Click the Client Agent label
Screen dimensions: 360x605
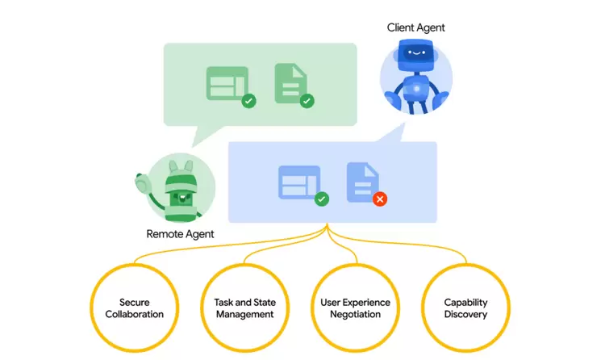(x=416, y=27)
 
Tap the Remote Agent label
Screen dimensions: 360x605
(x=180, y=235)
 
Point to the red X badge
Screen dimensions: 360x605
(x=380, y=198)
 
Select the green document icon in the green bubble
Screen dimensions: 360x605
(x=290, y=82)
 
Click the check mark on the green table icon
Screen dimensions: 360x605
(x=248, y=101)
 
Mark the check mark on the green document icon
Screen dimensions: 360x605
(x=307, y=101)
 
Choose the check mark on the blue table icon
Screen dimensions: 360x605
(x=321, y=199)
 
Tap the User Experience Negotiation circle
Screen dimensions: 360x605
(x=355, y=308)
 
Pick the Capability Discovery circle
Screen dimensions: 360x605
(x=465, y=308)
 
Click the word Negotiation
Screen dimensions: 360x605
(x=355, y=314)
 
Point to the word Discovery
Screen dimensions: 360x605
(x=465, y=314)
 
